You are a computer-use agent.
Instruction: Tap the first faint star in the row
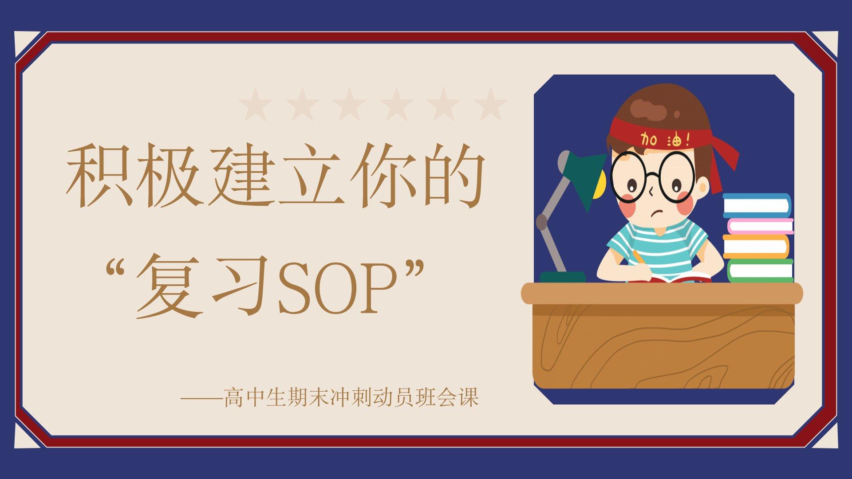[x=256, y=105]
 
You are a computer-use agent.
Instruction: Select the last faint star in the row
[x=490, y=105]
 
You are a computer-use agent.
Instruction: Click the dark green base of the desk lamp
[x=562, y=277]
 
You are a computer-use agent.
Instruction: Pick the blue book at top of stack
[x=757, y=205]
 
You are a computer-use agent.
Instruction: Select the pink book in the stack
[x=760, y=226]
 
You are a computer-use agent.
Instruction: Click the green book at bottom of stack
[x=760, y=271]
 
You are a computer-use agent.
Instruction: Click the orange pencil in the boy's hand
[x=639, y=257]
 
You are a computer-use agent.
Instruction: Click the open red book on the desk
[x=670, y=278]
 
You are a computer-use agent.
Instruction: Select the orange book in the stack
[x=756, y=247]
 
